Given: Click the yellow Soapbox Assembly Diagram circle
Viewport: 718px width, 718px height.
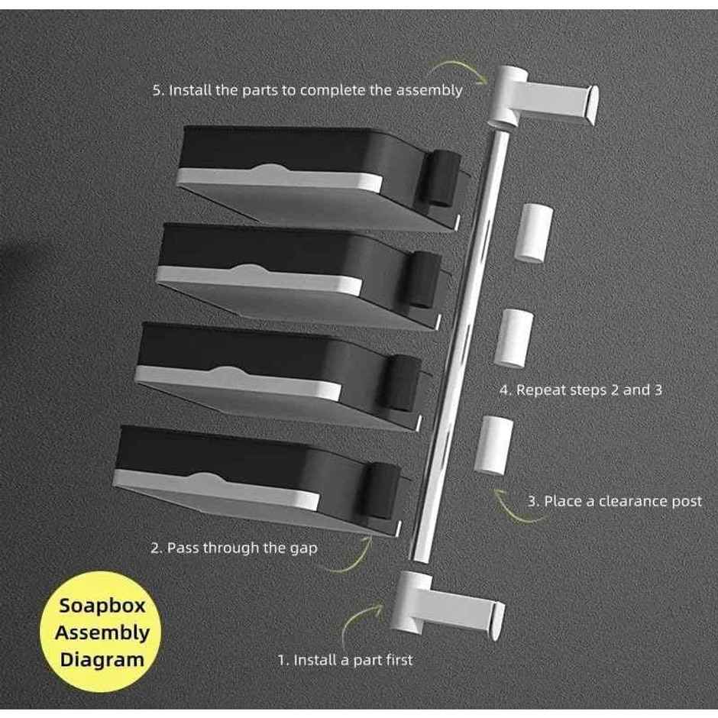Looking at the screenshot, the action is click(100, 632).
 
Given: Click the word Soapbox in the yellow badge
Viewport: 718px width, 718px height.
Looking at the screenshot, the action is click(102, 606).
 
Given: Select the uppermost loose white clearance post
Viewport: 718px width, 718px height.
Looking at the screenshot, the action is click(533, 233).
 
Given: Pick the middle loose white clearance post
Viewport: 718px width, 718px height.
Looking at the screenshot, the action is click(514, 338).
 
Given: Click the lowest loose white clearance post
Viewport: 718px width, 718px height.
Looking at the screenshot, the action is click(493, 445).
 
